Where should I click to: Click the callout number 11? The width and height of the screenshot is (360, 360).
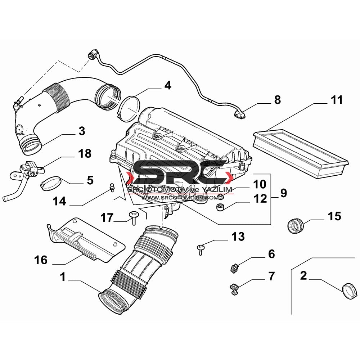coord(337,100)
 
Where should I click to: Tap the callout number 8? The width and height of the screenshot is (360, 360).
coord(278,100)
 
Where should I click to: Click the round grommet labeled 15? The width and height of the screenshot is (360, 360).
coord(296,226)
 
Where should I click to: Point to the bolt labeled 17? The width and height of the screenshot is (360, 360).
coord(134,218)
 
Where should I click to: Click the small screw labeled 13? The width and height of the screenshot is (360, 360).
coord(201,250)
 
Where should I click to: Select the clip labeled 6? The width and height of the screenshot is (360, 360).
coord(234,268)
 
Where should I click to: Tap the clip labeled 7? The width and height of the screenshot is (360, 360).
coord(234,288)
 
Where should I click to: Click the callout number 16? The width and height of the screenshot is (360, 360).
coord(41,260)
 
